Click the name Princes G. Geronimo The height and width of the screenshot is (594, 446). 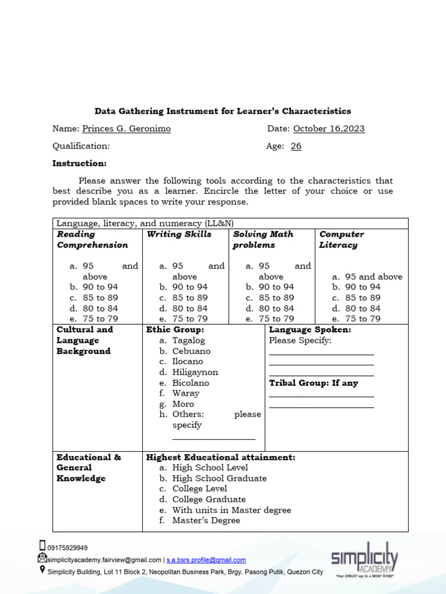pos(126,129)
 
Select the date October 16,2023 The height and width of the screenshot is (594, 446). pos(329,129)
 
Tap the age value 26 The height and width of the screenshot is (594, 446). pos(296,146)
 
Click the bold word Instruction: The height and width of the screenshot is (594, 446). pos(80,164)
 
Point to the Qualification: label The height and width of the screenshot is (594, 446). pos(81,146)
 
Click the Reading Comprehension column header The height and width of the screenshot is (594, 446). pos(92,240)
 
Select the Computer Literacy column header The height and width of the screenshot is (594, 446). pos(341,240)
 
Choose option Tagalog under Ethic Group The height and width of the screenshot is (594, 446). pos(188,341)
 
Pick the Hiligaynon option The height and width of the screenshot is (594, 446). pos(195,372)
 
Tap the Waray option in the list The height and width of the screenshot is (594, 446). pos(185,393)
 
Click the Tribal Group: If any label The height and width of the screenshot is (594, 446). pos(314,383)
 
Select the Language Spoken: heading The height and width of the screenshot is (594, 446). pos(310,329)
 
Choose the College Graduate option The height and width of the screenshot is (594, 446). pos(208,499)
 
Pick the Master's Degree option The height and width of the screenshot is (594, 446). pos(206,520)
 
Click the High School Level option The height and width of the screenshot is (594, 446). pos(210,468)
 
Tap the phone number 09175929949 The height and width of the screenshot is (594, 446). pos(67,548)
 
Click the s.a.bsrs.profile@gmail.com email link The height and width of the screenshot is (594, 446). pos(206,560)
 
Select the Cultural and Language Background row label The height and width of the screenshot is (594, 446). pos(84,341)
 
